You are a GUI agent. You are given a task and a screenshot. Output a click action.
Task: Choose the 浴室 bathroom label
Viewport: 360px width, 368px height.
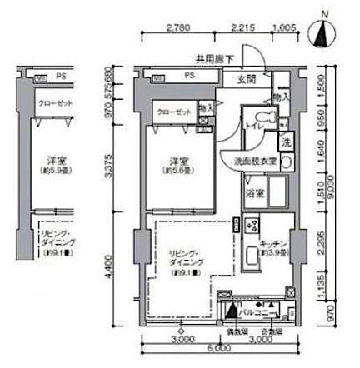pos(254,193)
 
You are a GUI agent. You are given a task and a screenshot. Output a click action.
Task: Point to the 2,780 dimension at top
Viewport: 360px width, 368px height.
pos(179,27)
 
